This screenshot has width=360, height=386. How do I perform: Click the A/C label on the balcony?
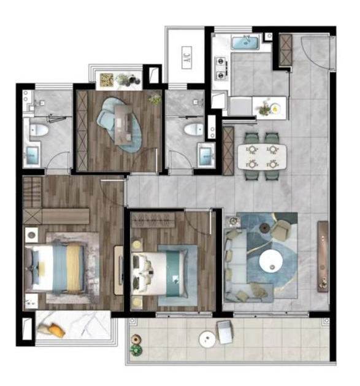pos(187,57)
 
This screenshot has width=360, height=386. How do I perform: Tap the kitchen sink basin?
pos(245,42)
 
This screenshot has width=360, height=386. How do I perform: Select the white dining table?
pos(262,156)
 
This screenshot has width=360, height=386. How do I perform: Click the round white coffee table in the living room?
pos(271,261)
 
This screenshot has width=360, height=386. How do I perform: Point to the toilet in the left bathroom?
pos(39,129)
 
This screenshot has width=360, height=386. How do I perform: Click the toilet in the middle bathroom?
pos(194,129)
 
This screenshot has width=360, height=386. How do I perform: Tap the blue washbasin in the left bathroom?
pos(33,155)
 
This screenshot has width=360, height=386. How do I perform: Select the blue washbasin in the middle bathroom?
pos(205,156)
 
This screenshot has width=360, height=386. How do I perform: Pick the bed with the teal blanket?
pos(160,274)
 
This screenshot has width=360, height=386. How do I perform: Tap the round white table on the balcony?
pos(207,339)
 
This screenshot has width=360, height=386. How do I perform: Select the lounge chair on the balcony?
pos(224,332)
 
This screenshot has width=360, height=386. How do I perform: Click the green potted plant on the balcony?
pos(136,350)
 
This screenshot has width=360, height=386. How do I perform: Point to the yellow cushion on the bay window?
pos(56,330)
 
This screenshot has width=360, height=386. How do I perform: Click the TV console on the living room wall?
pos(323,257)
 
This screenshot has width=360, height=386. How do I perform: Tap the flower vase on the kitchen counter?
pos(266,107)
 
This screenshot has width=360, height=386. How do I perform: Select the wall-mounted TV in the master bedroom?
pos(121,270)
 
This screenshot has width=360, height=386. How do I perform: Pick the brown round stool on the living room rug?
pos(264,228)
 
